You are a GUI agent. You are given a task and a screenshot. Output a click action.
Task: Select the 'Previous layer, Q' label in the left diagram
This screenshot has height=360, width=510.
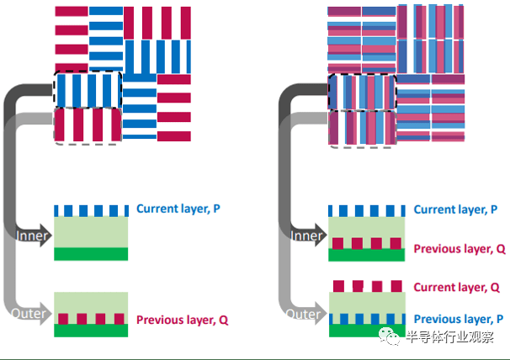click(x=181, y=320)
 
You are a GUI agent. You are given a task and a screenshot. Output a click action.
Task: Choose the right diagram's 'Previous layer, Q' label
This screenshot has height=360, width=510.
click(x=460, y=249)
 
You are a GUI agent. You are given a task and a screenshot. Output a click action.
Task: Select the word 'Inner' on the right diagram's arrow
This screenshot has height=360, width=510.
click(x=307, y=236)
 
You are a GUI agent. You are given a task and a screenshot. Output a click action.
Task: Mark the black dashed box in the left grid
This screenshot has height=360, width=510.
click(x=88, y=90)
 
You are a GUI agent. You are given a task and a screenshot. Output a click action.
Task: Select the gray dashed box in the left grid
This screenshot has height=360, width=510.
click(x=88, y=125)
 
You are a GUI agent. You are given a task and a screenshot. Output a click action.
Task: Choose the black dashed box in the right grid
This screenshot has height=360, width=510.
click(x=362, y=92)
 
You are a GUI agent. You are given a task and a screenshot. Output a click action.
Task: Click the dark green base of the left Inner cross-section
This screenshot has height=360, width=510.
click(x=91, y=253)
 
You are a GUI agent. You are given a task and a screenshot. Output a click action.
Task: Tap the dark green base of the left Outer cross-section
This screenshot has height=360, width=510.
click(x=91, y=331)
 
